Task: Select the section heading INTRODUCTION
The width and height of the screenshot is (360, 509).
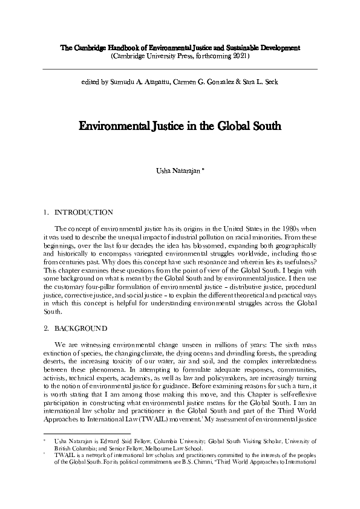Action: point(83,213)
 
